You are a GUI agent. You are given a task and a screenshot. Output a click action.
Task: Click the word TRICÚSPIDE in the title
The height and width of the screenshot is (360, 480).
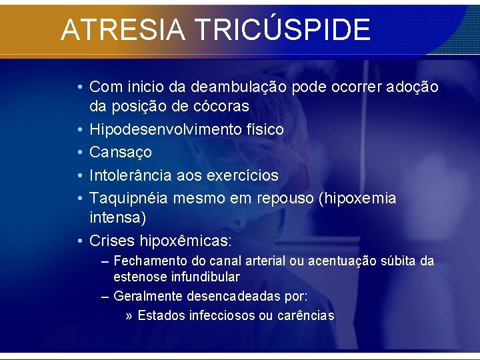pos(283,30)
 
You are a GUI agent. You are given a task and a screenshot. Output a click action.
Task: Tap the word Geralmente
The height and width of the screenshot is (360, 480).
pos(147,295)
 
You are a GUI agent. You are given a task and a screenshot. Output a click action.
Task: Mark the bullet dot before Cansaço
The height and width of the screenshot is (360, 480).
pos(80,153)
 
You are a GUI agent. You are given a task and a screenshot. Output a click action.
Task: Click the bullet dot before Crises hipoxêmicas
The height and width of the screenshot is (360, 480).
pos(80,240)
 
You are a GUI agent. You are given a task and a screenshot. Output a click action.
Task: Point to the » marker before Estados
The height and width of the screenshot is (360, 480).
pos(129,315)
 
